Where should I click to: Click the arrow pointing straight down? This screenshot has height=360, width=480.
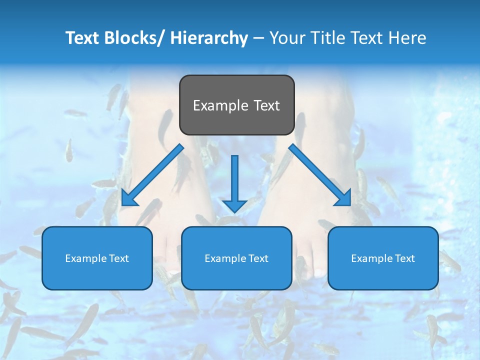click(x=234, y=182)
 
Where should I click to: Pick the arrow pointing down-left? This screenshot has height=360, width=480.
click(x=152, y=175)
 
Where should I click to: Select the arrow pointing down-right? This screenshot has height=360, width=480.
click(x=320, y=175)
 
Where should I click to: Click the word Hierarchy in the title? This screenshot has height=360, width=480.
click(x=209, y=38)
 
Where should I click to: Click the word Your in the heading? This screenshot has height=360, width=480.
click(x=286, y=38)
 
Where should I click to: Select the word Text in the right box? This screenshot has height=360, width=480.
click(x=404, y=258)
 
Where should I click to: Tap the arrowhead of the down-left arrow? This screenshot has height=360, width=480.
click(x=128, y=198)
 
